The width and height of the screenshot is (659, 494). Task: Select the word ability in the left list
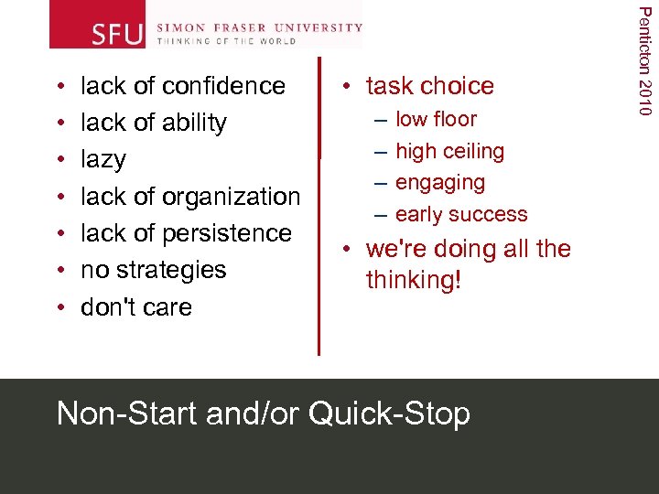point(191,123)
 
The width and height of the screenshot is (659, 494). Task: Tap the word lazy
point(103,160)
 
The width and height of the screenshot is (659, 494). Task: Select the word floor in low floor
point(455,119)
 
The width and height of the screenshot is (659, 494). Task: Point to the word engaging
point(440,183)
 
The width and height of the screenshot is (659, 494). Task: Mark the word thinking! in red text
point(415,280)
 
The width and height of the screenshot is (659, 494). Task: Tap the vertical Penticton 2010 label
point(645,59)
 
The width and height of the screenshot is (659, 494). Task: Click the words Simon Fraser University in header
point(260,27)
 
